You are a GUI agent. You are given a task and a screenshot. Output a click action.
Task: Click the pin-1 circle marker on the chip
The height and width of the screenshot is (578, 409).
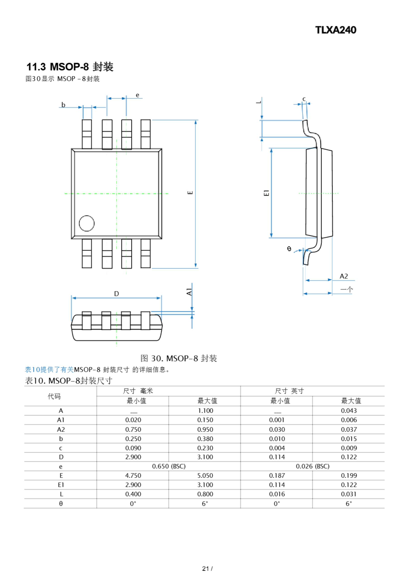pos(87,223)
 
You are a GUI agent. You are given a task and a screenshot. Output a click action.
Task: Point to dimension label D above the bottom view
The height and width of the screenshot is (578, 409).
pos(116,294)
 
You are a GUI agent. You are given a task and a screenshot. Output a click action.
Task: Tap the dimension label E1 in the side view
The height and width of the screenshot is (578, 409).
pos(266,193)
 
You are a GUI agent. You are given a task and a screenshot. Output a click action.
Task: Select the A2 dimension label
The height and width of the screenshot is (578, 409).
pos(344,276)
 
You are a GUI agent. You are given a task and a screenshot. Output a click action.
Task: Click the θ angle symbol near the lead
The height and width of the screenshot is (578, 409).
pos(289,249)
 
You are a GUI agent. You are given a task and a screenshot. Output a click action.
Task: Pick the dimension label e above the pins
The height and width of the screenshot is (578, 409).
pos(137,95)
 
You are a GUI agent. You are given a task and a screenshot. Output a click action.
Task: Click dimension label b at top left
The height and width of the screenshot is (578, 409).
pos(63,105)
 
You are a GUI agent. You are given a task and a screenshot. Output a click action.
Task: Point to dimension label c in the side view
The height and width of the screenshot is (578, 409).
pos(304,99)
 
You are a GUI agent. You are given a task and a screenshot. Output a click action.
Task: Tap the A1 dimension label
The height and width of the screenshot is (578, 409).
pos(189,292)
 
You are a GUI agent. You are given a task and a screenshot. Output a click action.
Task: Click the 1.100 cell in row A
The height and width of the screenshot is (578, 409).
pos(205,411)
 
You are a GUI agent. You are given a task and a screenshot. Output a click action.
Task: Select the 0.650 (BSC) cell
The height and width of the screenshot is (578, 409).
pos(169,466)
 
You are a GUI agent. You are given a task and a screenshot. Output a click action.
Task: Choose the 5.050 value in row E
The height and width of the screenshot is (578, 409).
pos(205,475)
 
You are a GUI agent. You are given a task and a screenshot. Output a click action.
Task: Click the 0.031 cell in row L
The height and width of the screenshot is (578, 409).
pos(349,494)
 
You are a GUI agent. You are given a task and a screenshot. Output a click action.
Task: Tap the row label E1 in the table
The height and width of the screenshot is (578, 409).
pos(61,485)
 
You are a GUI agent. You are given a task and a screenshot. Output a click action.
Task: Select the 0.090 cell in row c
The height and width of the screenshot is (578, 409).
pos(133,448)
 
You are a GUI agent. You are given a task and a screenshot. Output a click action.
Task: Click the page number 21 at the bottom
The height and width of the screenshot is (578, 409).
pos(205,569)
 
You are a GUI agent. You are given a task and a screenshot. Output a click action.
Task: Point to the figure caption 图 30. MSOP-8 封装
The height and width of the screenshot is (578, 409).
pos(179,358)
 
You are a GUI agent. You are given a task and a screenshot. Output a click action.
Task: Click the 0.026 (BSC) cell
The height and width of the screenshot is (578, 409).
pos(313,466)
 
